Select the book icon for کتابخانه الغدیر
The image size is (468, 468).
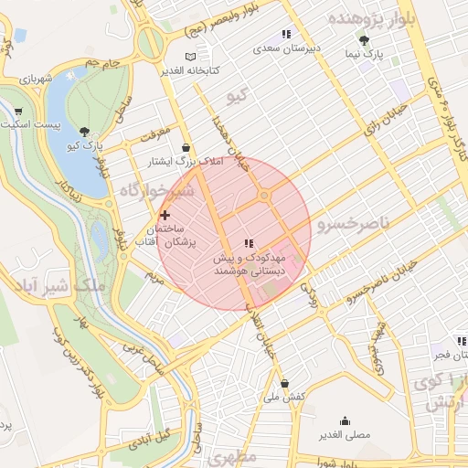[190, 57]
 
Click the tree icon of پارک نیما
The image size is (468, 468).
[364, 40]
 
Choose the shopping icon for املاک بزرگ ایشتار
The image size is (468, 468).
[186, 147]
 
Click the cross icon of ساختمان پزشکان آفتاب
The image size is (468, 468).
[165, 214]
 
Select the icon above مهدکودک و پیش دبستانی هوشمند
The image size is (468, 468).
[248, 243]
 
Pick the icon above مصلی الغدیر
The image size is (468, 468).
[345, 420]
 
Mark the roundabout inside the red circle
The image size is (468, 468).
[264, 195]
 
